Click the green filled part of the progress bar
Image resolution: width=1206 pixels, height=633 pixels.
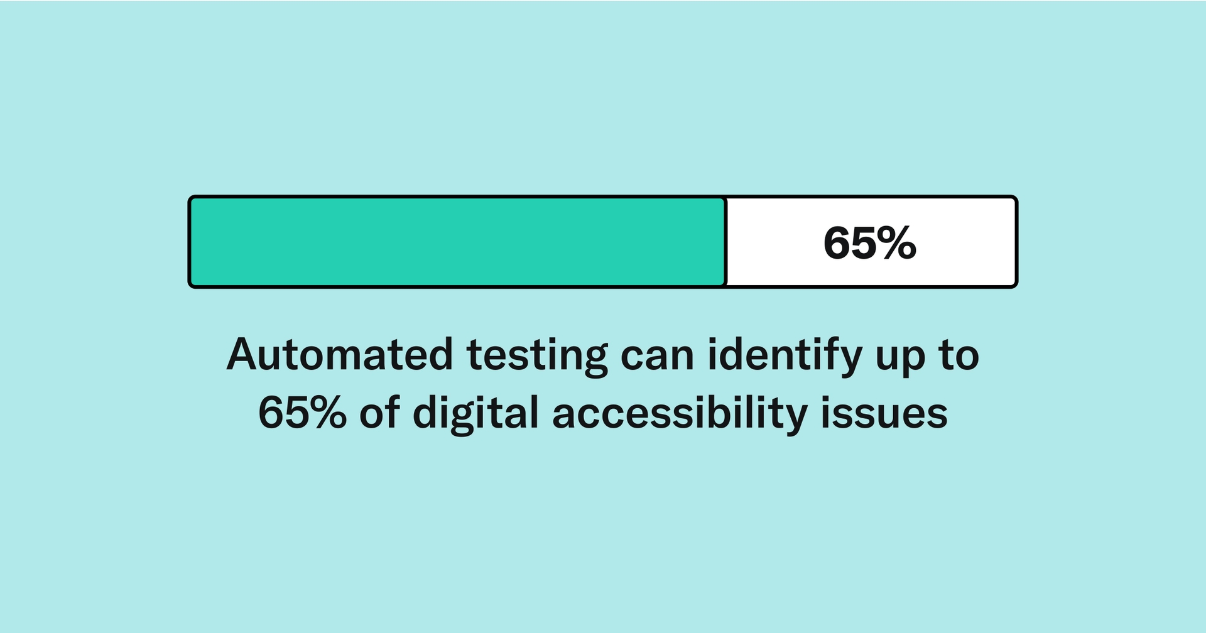pos(457,242)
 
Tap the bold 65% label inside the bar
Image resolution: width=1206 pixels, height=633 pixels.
pos(869,243)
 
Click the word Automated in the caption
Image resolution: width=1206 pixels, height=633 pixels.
pos(339,355)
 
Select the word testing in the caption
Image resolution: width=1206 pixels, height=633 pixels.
pos(537,356)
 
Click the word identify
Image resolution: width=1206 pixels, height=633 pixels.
pos(785,356)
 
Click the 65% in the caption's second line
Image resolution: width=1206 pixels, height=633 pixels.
pos(302,413)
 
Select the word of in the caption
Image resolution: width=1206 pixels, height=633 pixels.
pos(379,413)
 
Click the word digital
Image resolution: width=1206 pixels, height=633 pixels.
pos(475,414)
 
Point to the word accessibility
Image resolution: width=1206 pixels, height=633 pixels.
pos(680,414)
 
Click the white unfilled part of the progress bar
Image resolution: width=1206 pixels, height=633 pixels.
pos(779,242)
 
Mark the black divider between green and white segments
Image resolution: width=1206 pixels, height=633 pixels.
pos(725,242)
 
